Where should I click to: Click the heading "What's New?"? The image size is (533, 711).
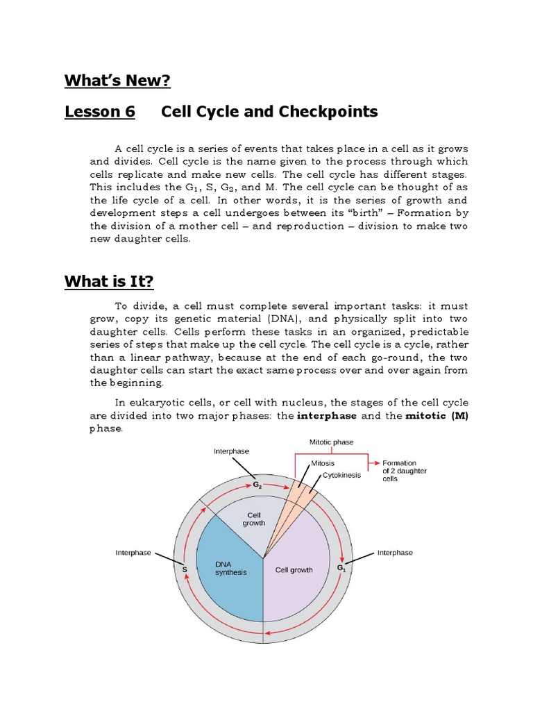(x=117, y=81)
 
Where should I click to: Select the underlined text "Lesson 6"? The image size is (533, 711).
(x=99, y=112)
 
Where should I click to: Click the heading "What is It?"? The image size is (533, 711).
(x=109, y=281)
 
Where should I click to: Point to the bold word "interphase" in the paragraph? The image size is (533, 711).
(x=327, y=416)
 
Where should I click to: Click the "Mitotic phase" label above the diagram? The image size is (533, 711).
(x=331, y=442)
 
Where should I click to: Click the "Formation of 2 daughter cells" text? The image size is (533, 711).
(x=404, y=471)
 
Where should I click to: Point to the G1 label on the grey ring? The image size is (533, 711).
(x=341, y=568)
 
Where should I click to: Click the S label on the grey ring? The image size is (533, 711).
(x=185, y=569)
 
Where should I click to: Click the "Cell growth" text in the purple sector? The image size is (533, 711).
(x=294, y=570)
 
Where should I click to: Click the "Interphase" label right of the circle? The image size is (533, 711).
(x=394, y=553)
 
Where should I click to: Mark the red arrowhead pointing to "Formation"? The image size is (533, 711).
(x=376, y=462)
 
